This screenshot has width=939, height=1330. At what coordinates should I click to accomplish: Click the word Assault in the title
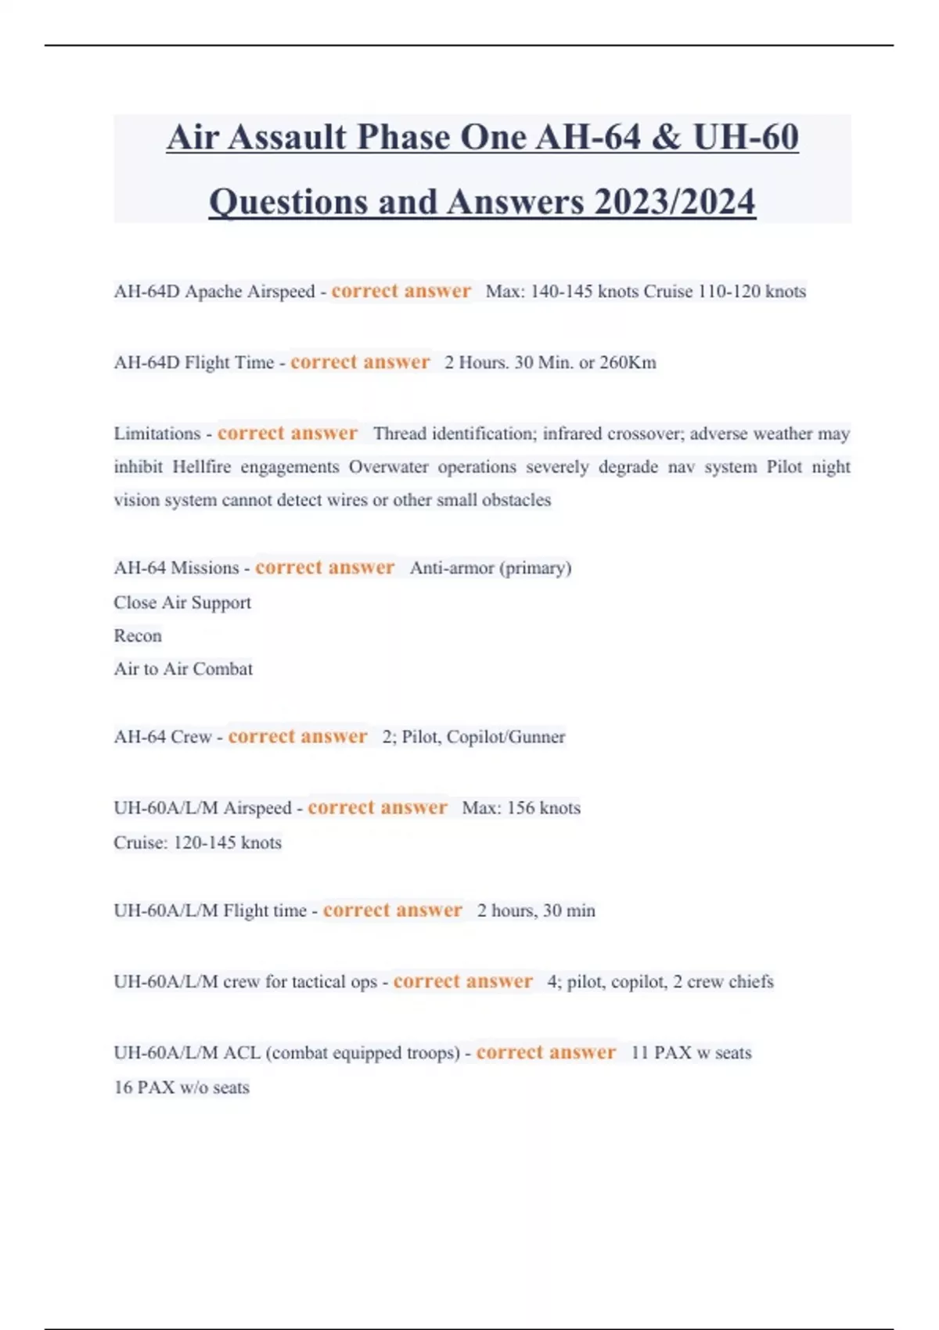287,138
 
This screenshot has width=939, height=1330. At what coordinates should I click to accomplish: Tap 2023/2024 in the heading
675,203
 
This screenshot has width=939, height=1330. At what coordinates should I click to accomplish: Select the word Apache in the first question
213,292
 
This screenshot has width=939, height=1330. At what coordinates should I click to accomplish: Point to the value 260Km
628,363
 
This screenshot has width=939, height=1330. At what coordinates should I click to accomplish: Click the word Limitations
157,434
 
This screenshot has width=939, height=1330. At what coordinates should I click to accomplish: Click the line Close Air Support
182,602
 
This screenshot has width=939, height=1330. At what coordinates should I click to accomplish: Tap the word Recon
138,636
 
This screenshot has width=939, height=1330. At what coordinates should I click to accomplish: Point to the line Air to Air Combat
183,669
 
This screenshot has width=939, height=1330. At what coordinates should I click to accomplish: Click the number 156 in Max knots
520,808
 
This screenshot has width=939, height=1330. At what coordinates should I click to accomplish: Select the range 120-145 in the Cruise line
204,843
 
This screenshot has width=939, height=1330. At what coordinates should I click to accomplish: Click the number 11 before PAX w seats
639,1053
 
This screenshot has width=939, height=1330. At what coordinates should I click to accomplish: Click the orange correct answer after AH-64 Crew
297,737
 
